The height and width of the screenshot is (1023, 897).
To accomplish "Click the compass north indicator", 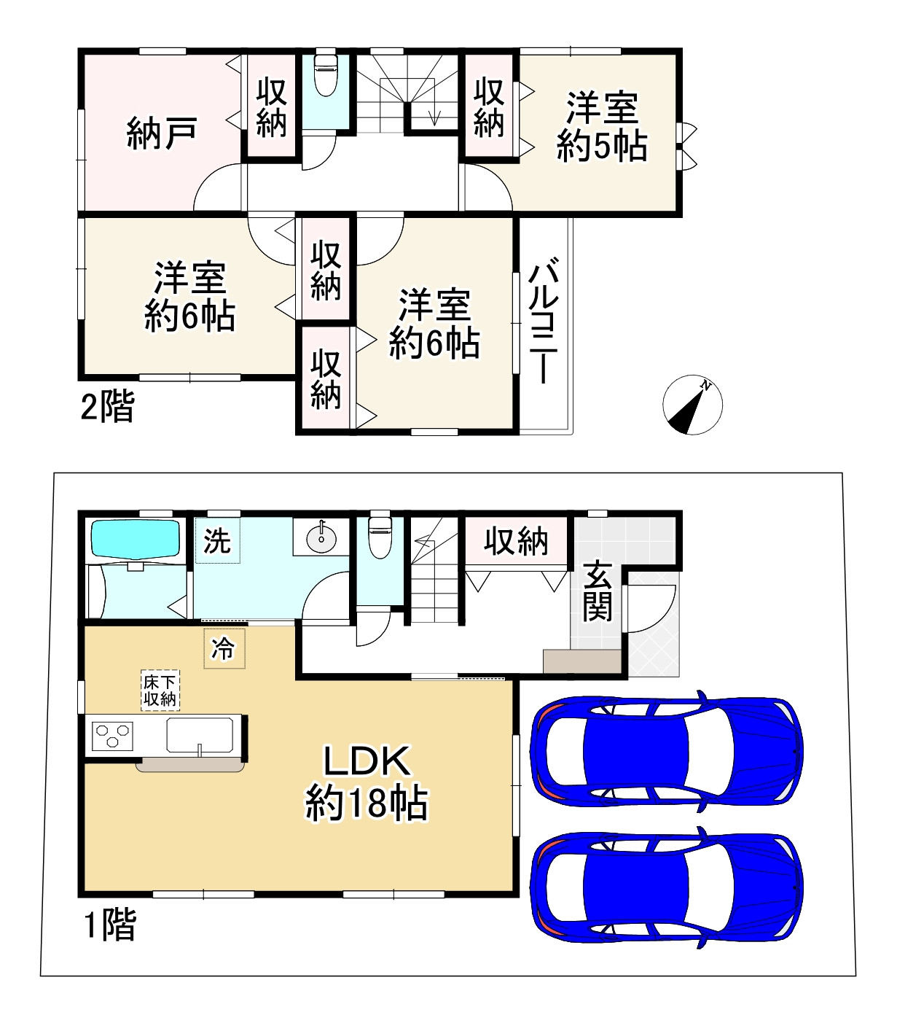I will pyautogui.click(x=692, y=405).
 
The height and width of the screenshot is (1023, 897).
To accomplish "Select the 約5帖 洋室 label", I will pyautogui.click(x=602, y=127).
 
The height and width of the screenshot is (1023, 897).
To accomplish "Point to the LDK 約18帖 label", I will pyautogui.click(x=367, y=782).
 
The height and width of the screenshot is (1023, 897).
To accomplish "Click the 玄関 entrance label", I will pyautogui.click(x=598, y=591).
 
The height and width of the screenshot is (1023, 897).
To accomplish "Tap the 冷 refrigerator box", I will pyautogui.click(x=224, y=648).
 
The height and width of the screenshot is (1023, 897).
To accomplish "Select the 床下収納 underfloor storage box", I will pyautogui.click(x=160, y=691).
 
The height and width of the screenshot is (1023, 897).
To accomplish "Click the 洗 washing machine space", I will pyautogui.click(x=216, y=541).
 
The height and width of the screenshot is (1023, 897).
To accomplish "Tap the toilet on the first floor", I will pyautogui.click(x=380, y=537).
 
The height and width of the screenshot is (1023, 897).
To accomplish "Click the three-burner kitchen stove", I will pyautogui.click(x=112, y=735).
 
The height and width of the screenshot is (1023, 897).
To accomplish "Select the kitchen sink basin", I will pyautogui.click(x=200, y=734).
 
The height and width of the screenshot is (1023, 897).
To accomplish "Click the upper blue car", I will pyautogui.click(x=666, y=752).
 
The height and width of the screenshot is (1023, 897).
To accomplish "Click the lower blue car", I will pyautogui.click(x=666, y=887).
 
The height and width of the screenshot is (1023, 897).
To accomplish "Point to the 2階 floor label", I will pyautogui.click(x=107, y=407).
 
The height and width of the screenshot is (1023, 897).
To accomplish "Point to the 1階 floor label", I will pyautogui.click(x=109, y=925).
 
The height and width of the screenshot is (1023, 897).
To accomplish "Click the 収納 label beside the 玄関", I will pyautogui.click(x=516, y=542).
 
